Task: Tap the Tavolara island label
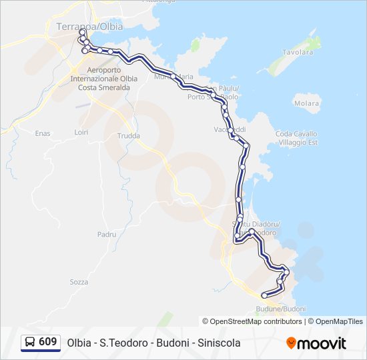click(x=298, y=51)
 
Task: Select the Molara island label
click(x=306, y=103)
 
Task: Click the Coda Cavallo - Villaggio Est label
click(x=297, y=138)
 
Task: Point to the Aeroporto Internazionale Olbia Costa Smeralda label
click(x=112, y=79)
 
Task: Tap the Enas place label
click(x=43, y=133)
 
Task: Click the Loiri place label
click(x=81, y=133)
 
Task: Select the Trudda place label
click(x=129, y=136)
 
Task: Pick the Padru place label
click(x=107, y=235)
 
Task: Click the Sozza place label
click(x=79, y=282)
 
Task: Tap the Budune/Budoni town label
click(x=280, y=309)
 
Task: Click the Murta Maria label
click(x=173, y=77)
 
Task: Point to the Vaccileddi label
click(x=230, y=129)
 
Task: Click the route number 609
click(x=47, y=342)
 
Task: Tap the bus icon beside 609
click(x=30, y=343)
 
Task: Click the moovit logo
click(x=316, y=343)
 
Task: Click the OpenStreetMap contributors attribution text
click(x=256, y=321)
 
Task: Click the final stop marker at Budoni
click(x=264, y=295)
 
